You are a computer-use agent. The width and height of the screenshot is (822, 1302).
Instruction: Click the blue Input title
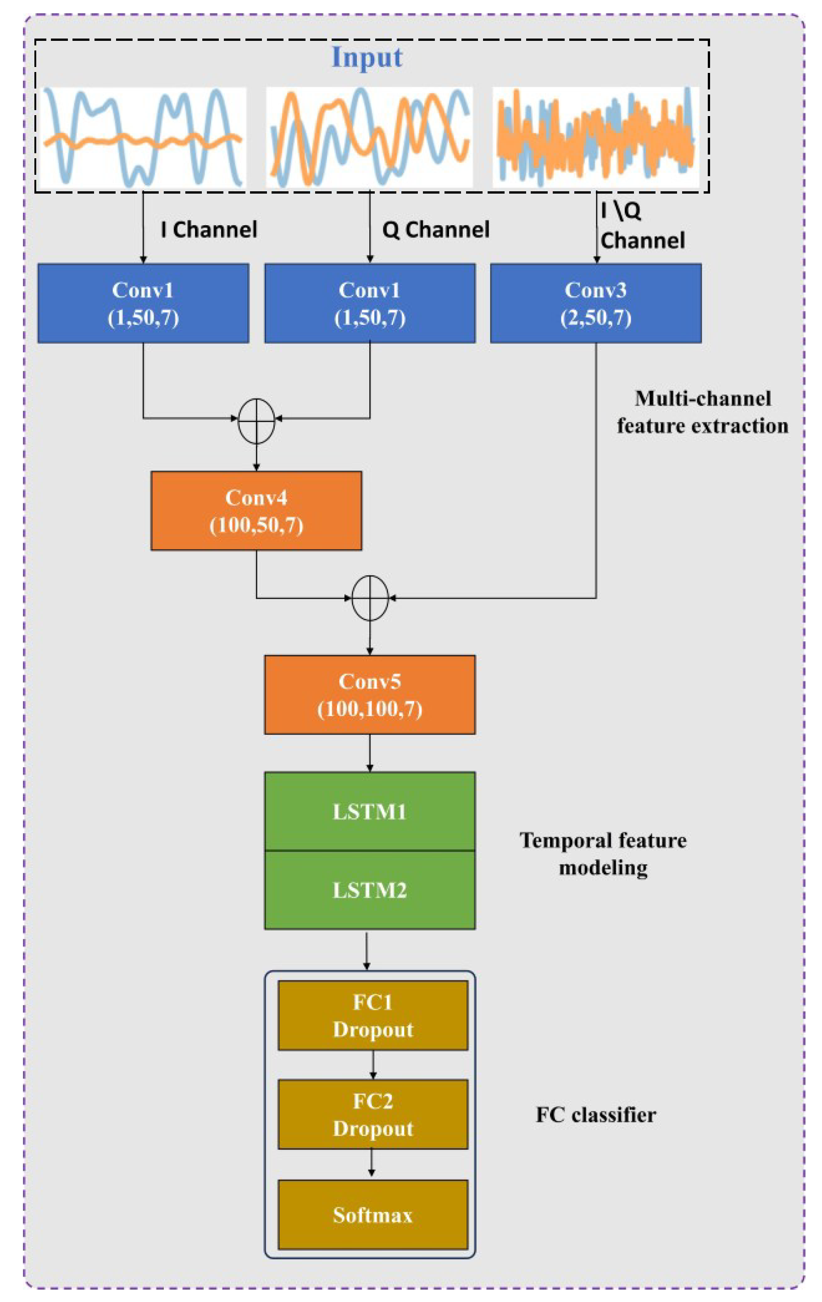pyautogui.click(x=367, y=57)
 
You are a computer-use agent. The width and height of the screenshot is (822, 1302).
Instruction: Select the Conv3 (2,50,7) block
pyautogui.click(x=595, y=303)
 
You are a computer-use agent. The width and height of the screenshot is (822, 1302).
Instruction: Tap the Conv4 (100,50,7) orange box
pyautogui.click(x=256, y=511)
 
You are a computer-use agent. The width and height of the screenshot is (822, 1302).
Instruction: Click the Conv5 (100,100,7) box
pyautogui.click(x=369, y=694)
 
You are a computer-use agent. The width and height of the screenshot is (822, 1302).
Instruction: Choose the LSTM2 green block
pyautogui.click(x=369, y=890)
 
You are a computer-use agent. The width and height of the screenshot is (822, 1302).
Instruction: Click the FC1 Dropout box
pyautogui.click(x=372, y=1015)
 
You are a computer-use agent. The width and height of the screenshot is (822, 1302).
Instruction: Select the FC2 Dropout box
pyautogui.click(x=372, y=1114)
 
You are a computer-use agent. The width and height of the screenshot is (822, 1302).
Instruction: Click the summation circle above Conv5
pyautogui.click(x=370, y=598)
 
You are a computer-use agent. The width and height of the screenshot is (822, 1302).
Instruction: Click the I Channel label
pyautogui.click(x=209, y=230)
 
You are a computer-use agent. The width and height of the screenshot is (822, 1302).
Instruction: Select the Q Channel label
pyautogui.click(x=436, y=230)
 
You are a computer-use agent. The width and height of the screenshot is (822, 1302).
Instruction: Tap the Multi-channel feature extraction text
pyautogui.click(x=702, y=412)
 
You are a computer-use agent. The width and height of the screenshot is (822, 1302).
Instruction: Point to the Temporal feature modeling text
pyautogui.click(x=603, y=854)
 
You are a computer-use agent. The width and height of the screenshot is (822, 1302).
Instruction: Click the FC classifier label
pyautogui.click(x=595, y=1115)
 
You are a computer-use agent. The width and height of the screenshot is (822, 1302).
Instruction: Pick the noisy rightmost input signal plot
pyautogui.click(x=595, y=137)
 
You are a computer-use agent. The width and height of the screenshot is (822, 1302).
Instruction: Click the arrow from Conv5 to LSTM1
pyautogui.click(x=370, y=753)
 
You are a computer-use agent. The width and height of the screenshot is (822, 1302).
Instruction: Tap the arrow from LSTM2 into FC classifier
pyautogui.click(x=367, y=950)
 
